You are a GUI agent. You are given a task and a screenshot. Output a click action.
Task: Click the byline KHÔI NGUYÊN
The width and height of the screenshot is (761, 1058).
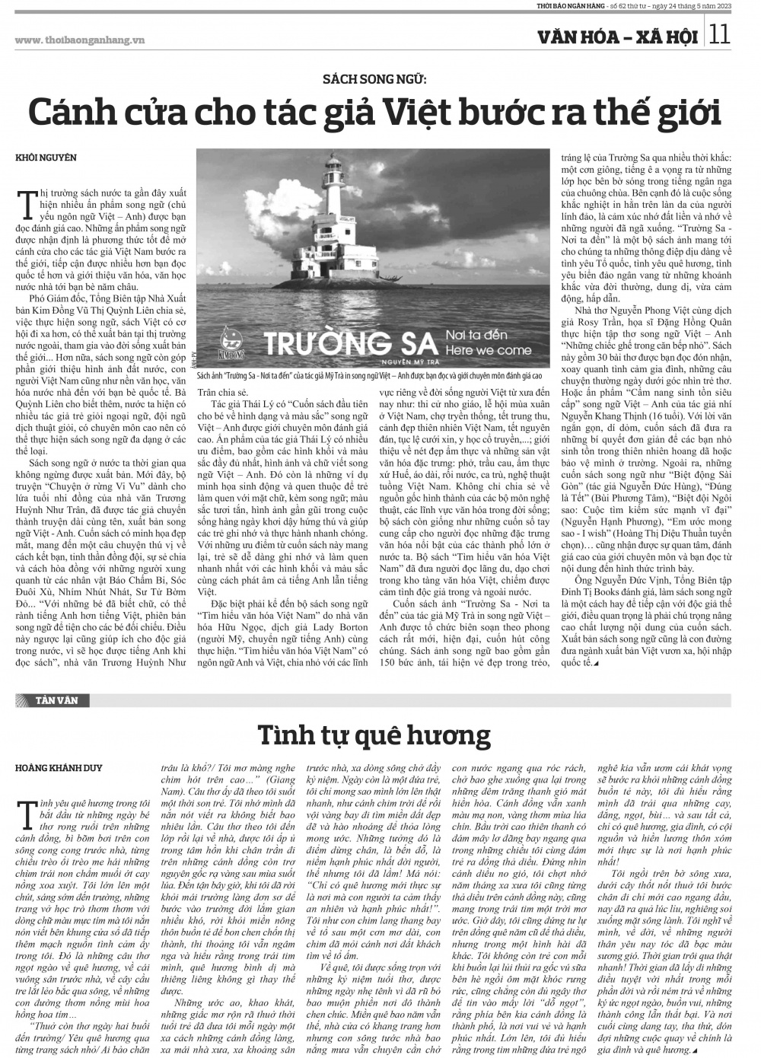[46, 158]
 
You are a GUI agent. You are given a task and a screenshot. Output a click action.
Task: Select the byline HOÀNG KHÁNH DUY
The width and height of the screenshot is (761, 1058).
[58, 768]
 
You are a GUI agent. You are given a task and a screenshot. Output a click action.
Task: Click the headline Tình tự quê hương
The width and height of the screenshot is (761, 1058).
[374, 735]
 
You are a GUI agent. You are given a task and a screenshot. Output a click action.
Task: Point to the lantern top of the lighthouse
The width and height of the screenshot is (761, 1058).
[332, 163]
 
